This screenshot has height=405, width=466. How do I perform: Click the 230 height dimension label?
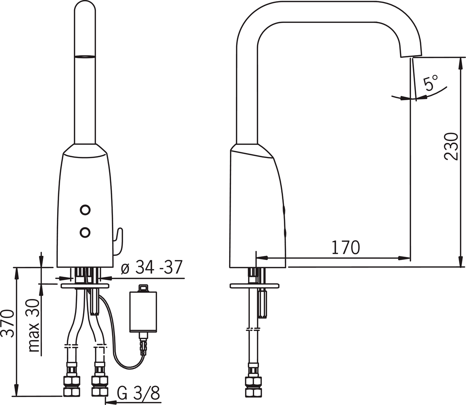pos(451,147)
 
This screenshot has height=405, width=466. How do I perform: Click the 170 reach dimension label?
pos(346,247)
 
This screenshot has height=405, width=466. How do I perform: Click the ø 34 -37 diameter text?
pos(152,267)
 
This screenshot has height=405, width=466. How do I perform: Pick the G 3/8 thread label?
pos(138,392)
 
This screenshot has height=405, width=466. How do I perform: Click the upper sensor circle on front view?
pos(85,210)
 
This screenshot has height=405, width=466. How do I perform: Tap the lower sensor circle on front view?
pos(85,233)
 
